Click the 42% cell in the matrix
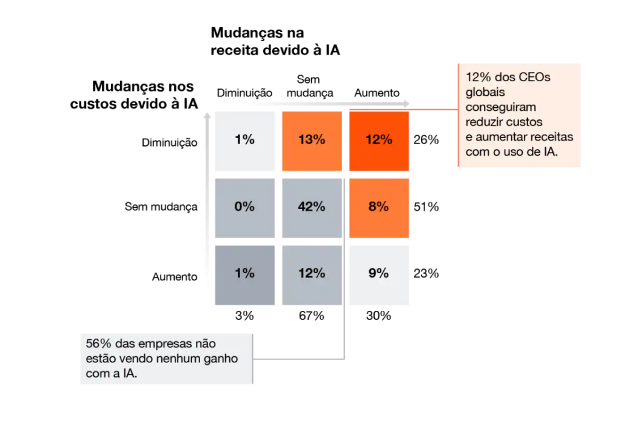(x=312, y=207)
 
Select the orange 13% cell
(x=312, y=140)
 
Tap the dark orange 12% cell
(x=379, y=140)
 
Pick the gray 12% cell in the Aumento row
(x=312, y=273)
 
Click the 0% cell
(x=244, y=207)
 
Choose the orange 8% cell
(x=379, y=207)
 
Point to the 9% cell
(x=379, y=273)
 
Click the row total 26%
(x=426, y=140)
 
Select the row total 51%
(x=426, y=207)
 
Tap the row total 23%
(x=426, y=273)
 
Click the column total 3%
(x=244, y=316)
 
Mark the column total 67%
(x=312, y=316)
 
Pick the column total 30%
(x=379, y=316)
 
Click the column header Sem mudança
(x=309, y=86)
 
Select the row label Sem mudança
(x=161, y=207)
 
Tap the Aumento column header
(x=377, y=93)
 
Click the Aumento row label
(x=175, y=277)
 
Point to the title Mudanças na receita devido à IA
(x=275, y=41)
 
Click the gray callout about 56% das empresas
(x=167, y=359)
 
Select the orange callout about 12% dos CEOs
(x=519, y=115)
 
